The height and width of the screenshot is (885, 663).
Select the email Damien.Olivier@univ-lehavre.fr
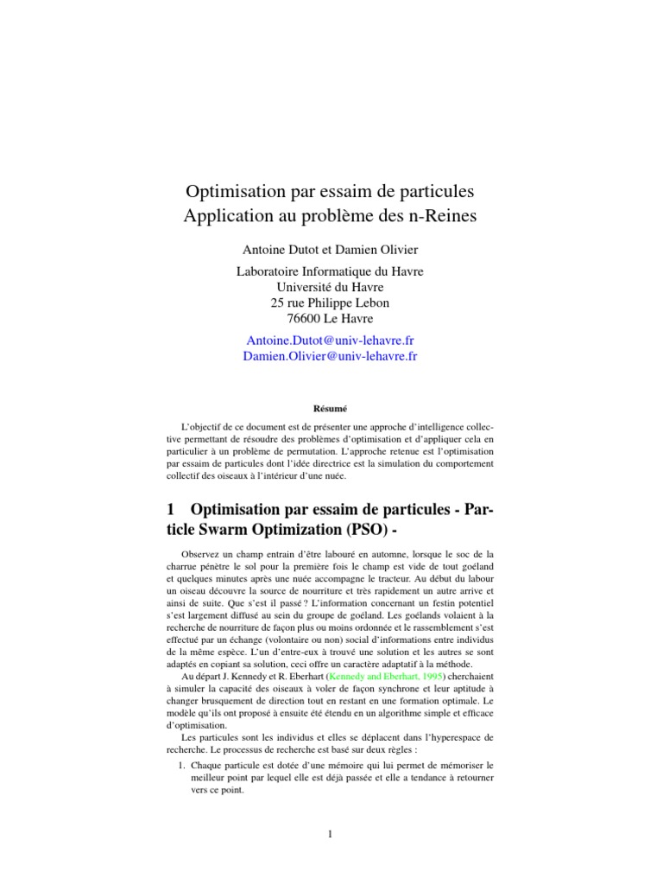click(x=331, y=356)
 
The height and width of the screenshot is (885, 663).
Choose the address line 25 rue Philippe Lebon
click(x=331, y=302)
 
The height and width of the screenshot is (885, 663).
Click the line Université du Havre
click(x=331, y=287)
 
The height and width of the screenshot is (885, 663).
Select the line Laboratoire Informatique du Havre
click(x=331, y=271)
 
